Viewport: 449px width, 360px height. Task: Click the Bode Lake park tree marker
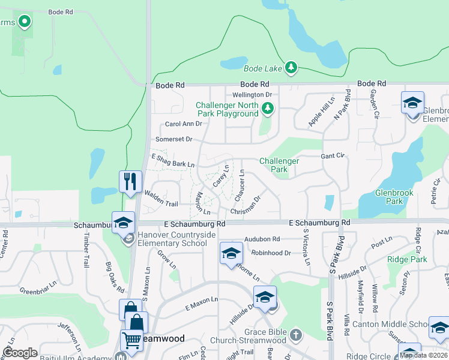coord(291,67)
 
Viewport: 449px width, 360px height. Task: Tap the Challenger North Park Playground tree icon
coord(268,109)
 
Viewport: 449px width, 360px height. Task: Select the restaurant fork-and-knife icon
coord(130,181)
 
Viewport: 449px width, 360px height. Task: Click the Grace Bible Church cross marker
coord(295,334)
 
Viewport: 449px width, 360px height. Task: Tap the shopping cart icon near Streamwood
coord(132,341)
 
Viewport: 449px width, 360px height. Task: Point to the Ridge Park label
coord(407,259)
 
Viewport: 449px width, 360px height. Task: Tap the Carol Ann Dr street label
coord(184,124)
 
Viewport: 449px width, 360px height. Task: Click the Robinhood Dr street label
coord(271,253)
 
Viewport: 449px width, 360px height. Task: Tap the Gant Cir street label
coord(333,155)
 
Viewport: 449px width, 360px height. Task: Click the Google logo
coord(20,353)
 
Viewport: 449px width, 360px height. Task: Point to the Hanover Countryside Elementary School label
coord(176,239)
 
